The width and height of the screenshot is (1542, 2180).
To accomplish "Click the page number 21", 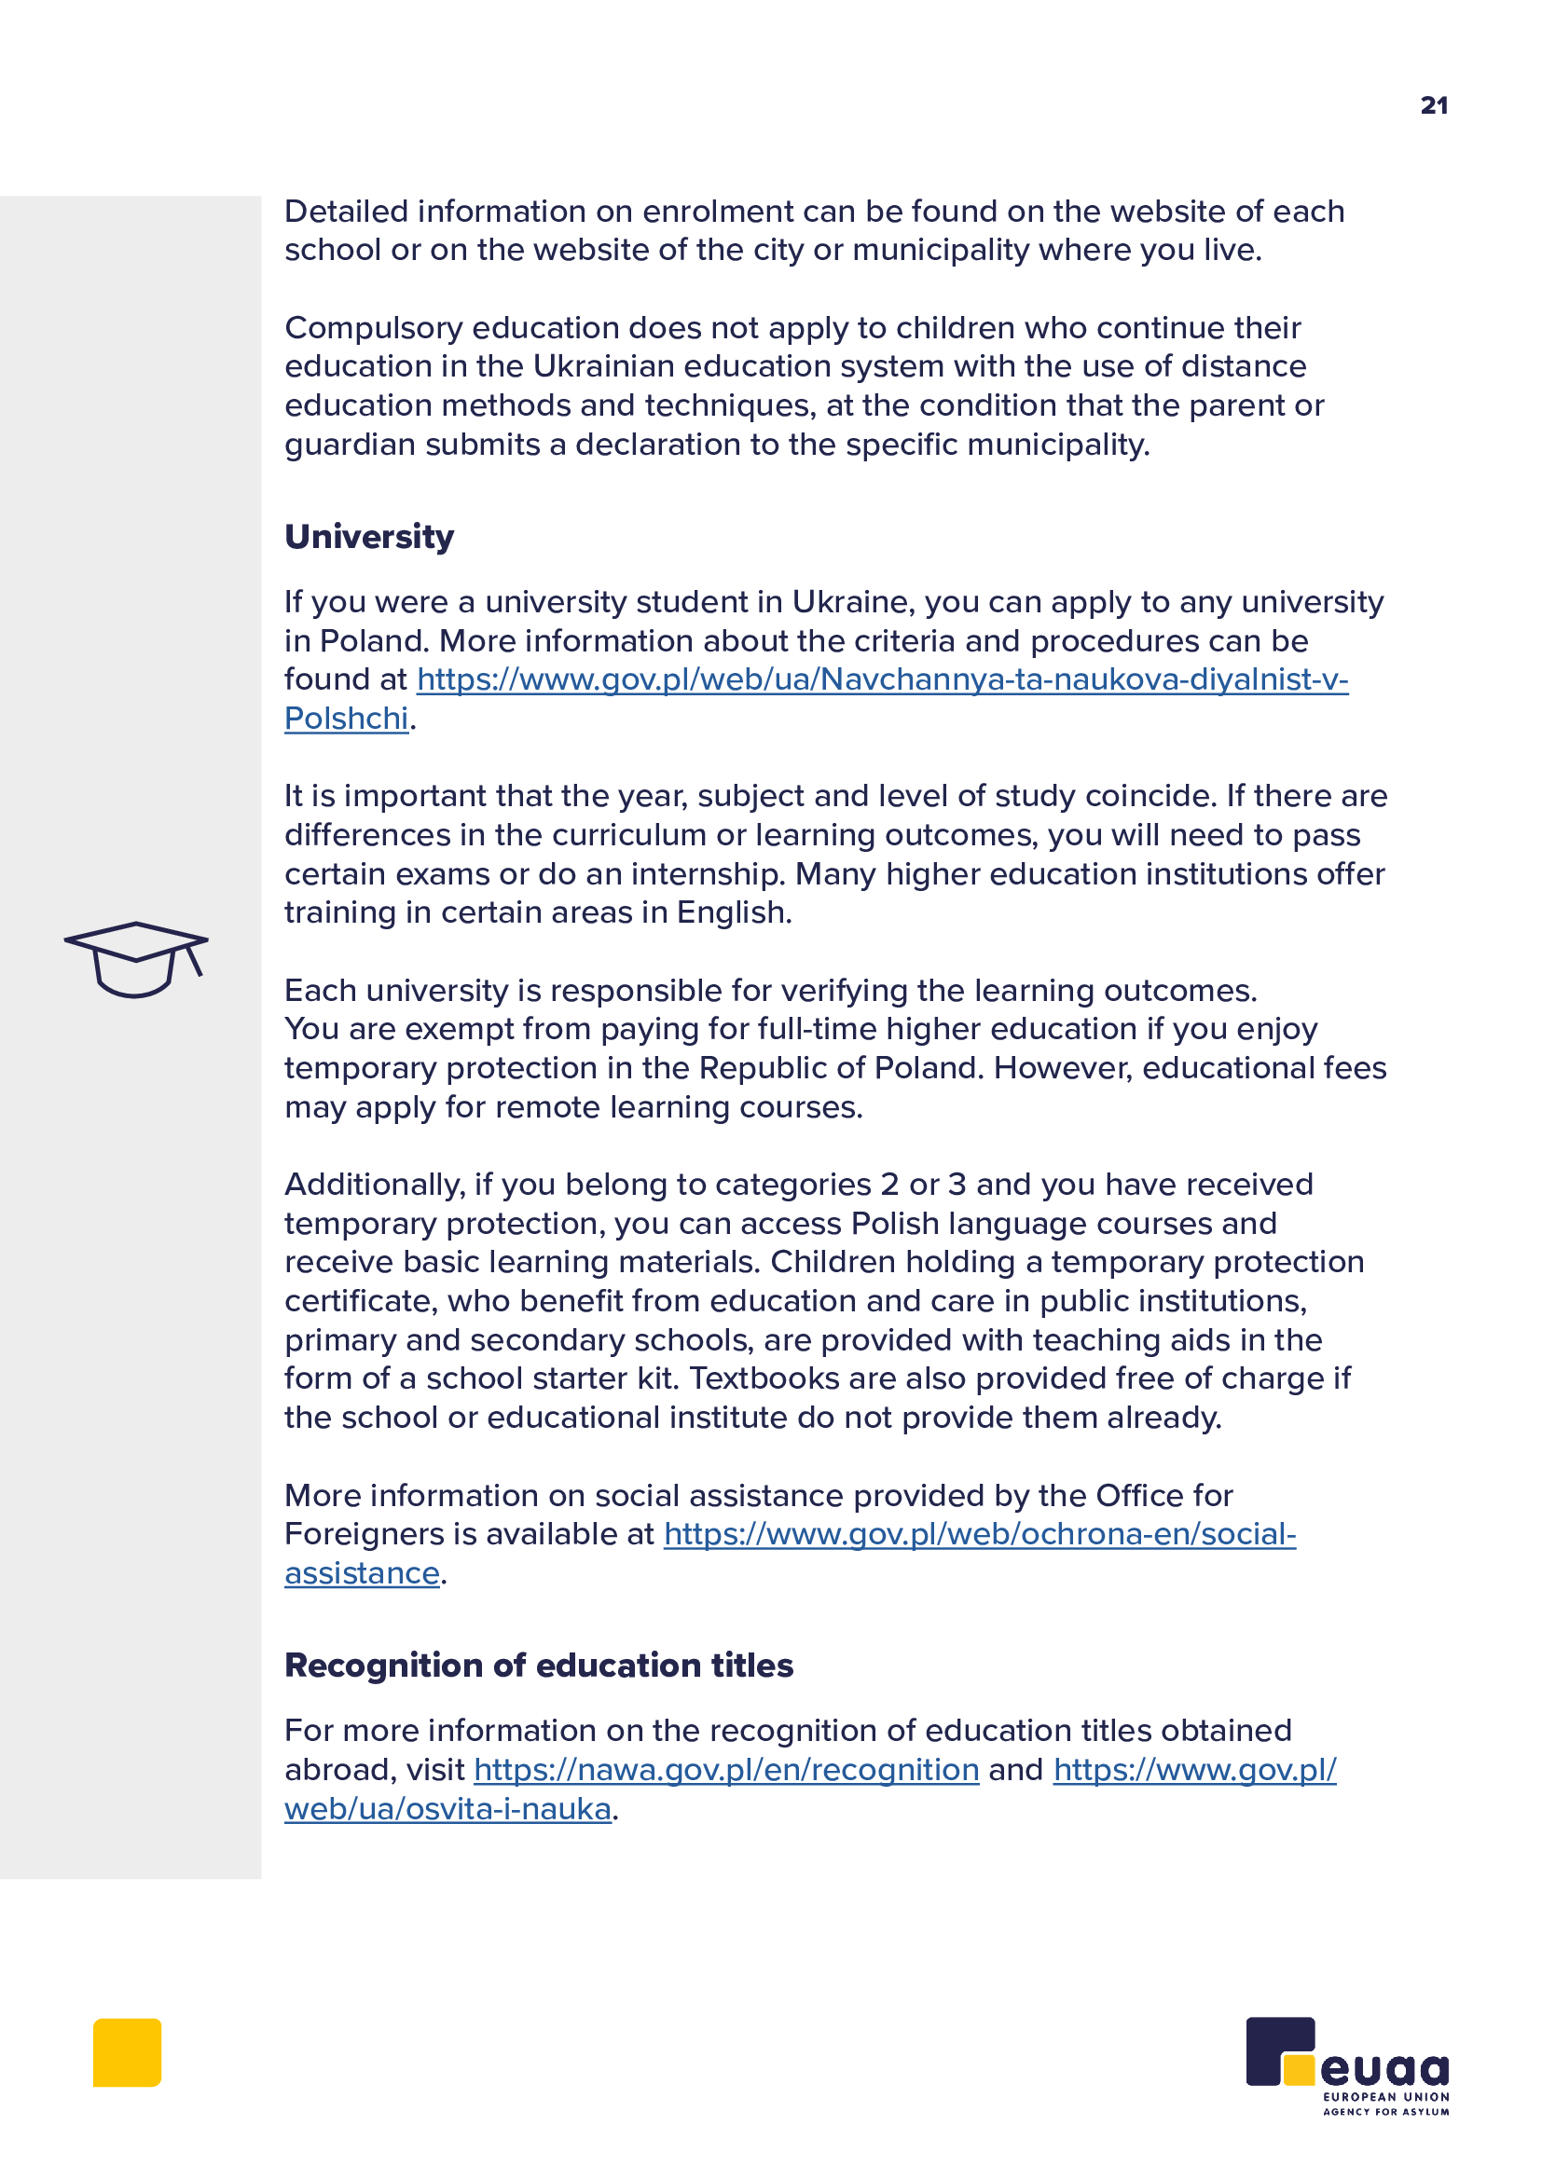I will [1434, 105].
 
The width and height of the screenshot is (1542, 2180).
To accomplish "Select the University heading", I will [369, 538].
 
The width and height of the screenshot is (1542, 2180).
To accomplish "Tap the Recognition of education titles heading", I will [538, 1666].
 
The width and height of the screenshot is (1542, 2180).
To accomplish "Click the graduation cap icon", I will [136, 959].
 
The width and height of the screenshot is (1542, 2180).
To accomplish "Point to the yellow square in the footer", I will [127, 2052].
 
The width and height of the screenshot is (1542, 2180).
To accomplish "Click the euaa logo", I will [1347, 2065].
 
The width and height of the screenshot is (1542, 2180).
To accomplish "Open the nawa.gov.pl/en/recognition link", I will [726, 1770].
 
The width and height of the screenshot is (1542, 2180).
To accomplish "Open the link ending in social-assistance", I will [979, 1534].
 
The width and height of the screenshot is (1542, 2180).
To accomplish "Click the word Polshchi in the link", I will [347, 719].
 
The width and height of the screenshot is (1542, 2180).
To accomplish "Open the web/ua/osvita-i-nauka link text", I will [447, 1809].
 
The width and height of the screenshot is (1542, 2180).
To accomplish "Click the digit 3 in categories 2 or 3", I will [957, 1185].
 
